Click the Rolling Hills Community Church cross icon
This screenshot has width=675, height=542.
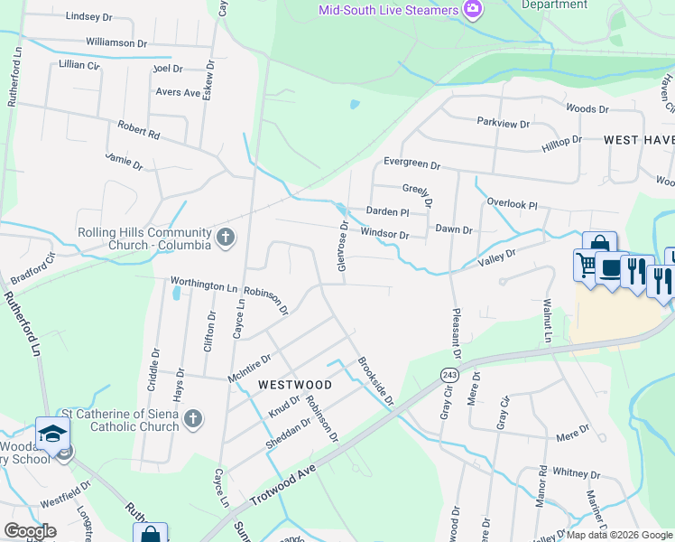[226, 238]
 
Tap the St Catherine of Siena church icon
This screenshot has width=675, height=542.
[192, 419]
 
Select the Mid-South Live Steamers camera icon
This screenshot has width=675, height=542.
[471, 10]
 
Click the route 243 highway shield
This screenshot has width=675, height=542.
[448, 374]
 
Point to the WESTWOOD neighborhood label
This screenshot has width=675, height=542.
[295, 385]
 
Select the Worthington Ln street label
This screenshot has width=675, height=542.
[204, 285]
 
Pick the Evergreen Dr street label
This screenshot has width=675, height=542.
[411, 165]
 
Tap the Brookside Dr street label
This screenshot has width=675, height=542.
[376, 382]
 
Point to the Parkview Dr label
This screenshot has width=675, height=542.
[504, 122]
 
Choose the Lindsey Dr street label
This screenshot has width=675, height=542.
[88, 16]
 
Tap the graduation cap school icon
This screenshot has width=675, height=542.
[52, 434]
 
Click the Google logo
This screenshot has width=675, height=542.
[30, 531]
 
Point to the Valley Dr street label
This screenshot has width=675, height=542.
[497, 259]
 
